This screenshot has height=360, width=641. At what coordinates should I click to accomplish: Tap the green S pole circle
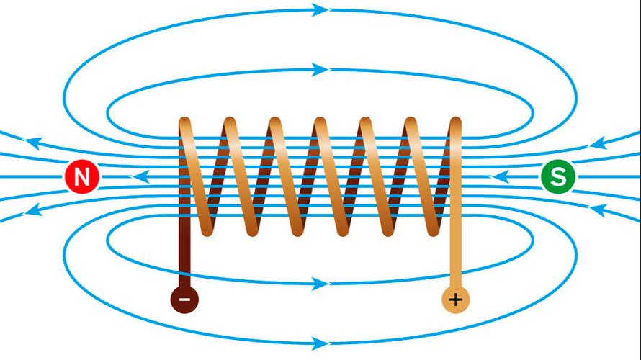(558, 176)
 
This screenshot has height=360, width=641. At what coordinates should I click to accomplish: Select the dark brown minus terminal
(184, 299)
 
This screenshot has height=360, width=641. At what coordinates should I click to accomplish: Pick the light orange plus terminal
(455, 299)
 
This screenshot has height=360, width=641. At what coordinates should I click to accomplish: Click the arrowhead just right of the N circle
(143, 176)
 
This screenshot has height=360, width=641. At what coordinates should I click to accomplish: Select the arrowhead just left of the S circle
(503, 176)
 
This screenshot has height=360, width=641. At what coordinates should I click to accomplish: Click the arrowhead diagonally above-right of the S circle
(600, 143)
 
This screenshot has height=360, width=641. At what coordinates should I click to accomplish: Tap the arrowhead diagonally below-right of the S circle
(600, 211)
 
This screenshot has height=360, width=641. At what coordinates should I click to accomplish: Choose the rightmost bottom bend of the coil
(433, 229)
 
